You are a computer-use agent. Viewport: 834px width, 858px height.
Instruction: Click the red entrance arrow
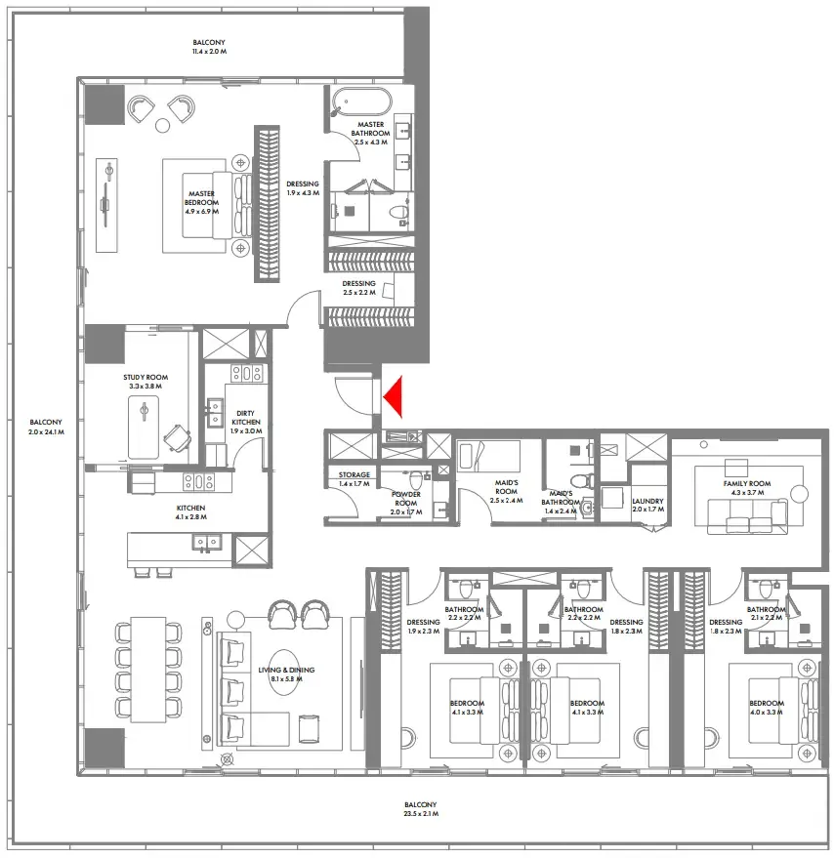click(394, 396)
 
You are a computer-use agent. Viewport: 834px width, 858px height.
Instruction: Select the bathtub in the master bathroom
click(360, 102)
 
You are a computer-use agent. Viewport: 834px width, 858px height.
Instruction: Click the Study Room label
click(146, 382)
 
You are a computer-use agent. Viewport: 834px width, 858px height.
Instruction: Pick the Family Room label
click(747, 488)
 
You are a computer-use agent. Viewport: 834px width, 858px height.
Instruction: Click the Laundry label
click(647, 505)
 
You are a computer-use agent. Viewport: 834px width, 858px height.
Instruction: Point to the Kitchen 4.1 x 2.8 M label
click(189, 513)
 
